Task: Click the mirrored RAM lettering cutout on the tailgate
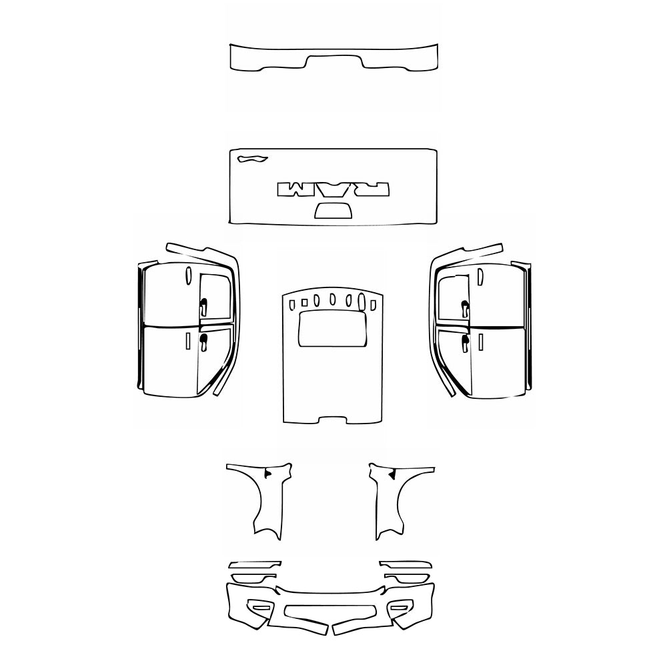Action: [333, 189]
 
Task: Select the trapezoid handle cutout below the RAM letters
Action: [333, 211]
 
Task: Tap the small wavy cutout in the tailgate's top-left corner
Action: [251, 159]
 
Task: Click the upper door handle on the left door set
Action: [203, 307]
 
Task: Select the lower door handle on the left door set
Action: [203, 342]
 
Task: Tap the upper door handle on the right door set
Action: [464, 307]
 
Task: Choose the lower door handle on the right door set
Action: [464, 343]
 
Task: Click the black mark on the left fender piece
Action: [267, 473]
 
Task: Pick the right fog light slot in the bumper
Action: [402, 607]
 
